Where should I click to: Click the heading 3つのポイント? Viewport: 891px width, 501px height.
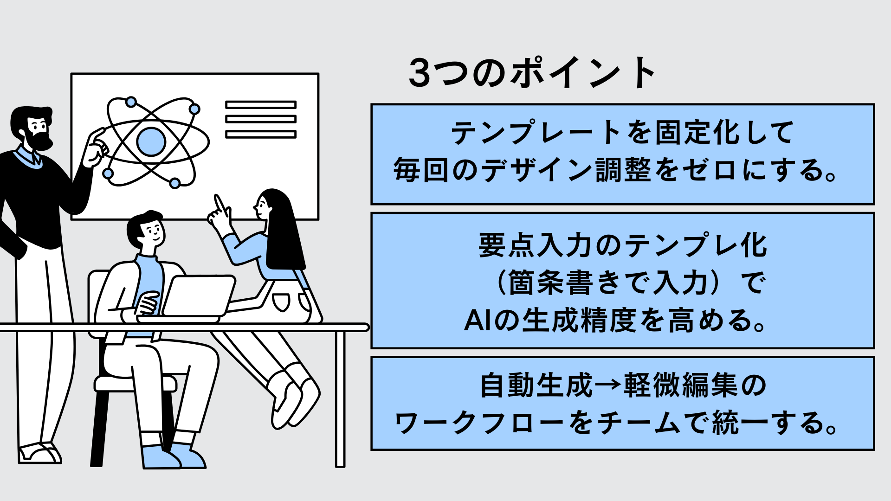pyautogui.click(x=532, y=73)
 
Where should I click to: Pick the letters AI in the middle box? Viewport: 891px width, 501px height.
pyautogui.click(x=478, y=321)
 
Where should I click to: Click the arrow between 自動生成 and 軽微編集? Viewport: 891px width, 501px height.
pyautogui.click(x=608, y=386)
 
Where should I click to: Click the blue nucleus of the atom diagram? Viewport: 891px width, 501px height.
pyautogui.click(x=151, y=141)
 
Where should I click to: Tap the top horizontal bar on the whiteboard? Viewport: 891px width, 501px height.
pyautogui.click(x=261, y=105)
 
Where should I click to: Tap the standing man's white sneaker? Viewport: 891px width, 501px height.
pyautogui.click(x=40, y=453)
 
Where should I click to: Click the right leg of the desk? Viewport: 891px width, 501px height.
pyautogui.click(x=340, y=399)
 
